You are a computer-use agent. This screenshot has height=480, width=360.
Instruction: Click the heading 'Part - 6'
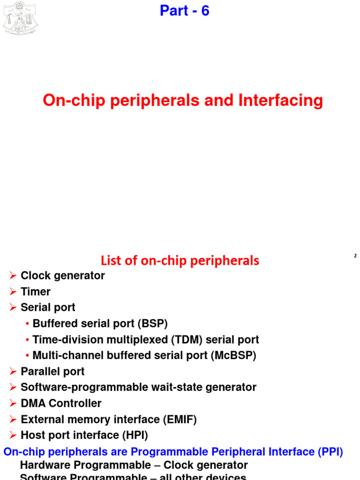pos(184,11)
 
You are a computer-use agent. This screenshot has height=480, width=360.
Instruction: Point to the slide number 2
pos(355,256)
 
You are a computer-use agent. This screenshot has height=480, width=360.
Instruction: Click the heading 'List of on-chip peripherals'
pos(180,261)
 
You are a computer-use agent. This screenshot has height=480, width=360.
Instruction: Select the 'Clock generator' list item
pos(63,276)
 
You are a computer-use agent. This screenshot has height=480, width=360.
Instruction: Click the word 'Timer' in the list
pos(36,292)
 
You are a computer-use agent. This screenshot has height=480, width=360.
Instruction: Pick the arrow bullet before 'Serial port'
pos(13,307)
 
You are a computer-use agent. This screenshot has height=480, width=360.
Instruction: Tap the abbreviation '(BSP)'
pos(152,323)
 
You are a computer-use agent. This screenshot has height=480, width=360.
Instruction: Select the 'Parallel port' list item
pos(52,371)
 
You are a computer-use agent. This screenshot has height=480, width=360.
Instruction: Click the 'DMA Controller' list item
pos(61,403)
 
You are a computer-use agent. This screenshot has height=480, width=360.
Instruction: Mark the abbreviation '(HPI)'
pos(135,435)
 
